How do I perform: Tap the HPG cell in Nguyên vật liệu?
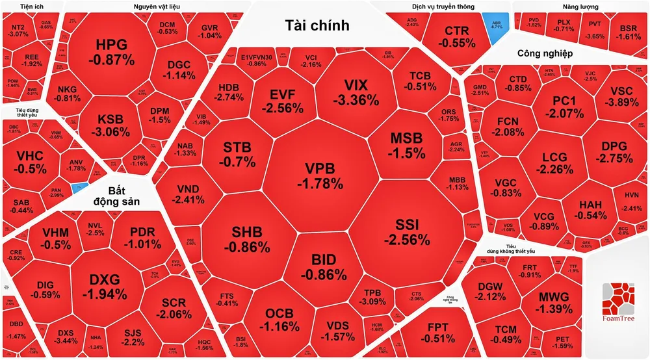(111, 52)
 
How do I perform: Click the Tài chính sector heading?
(317, 25)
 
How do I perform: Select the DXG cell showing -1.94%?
(105, 286)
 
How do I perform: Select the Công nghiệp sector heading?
(545, 53)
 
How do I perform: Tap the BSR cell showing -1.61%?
(629, 32)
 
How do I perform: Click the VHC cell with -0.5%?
(31, 162)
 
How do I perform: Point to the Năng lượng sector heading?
(581, 6)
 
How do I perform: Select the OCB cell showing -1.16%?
(279, 319)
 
